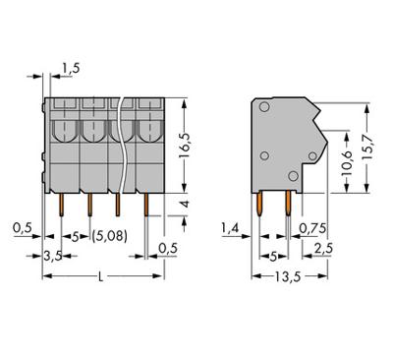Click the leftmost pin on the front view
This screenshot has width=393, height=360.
point(62,205)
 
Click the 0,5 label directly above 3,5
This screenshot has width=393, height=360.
point(21,228)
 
